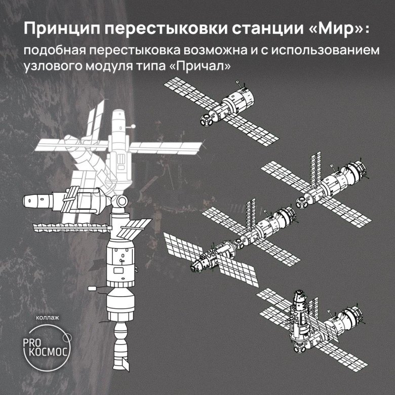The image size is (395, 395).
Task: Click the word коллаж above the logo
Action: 48,318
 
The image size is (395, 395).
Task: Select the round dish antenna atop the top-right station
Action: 238,82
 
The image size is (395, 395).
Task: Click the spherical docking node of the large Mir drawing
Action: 121,201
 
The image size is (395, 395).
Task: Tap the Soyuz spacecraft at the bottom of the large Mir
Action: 121,345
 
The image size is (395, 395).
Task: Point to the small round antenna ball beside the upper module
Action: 133,126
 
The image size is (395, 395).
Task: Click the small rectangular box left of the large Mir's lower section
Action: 92,288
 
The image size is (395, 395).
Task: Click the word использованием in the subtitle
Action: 326,51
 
